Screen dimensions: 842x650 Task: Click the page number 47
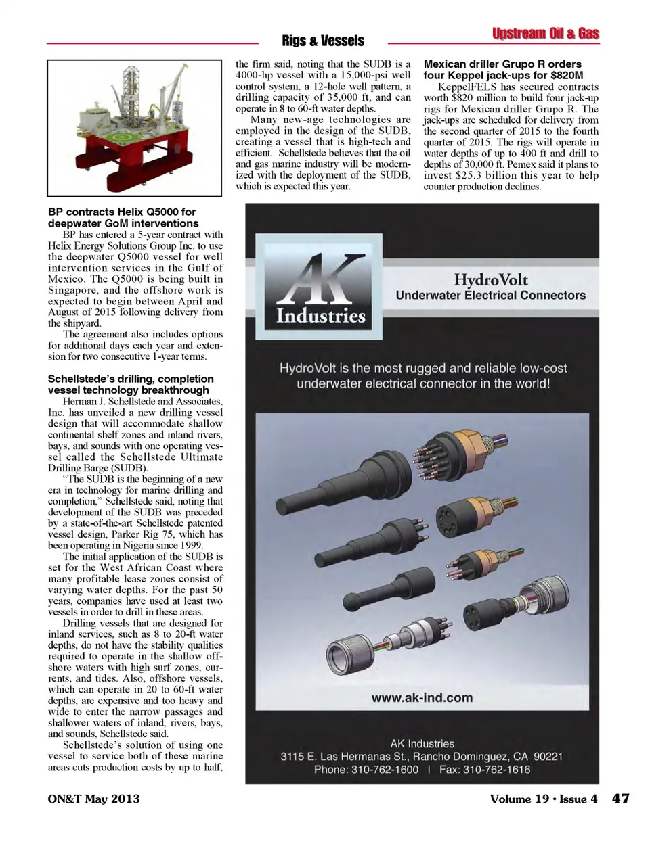(x=621, y=799)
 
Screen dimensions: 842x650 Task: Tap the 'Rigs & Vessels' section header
(x=323, y=41)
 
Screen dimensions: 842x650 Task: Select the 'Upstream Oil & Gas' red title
(x=545, y=34)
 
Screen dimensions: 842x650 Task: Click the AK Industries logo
(x=320, y=290)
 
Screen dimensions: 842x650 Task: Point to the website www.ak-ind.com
(x=422, y=698)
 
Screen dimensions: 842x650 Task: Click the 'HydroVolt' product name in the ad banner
(x=491, y=279)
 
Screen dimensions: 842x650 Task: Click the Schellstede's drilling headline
(x=131, y=384)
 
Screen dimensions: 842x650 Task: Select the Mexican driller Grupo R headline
(x=503, y=70)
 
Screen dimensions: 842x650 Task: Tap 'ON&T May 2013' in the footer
(x=93, y=799)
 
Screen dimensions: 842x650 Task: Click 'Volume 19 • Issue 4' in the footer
(x=544, y=799)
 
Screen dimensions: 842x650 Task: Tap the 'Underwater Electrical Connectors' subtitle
(x=491, y=296)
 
